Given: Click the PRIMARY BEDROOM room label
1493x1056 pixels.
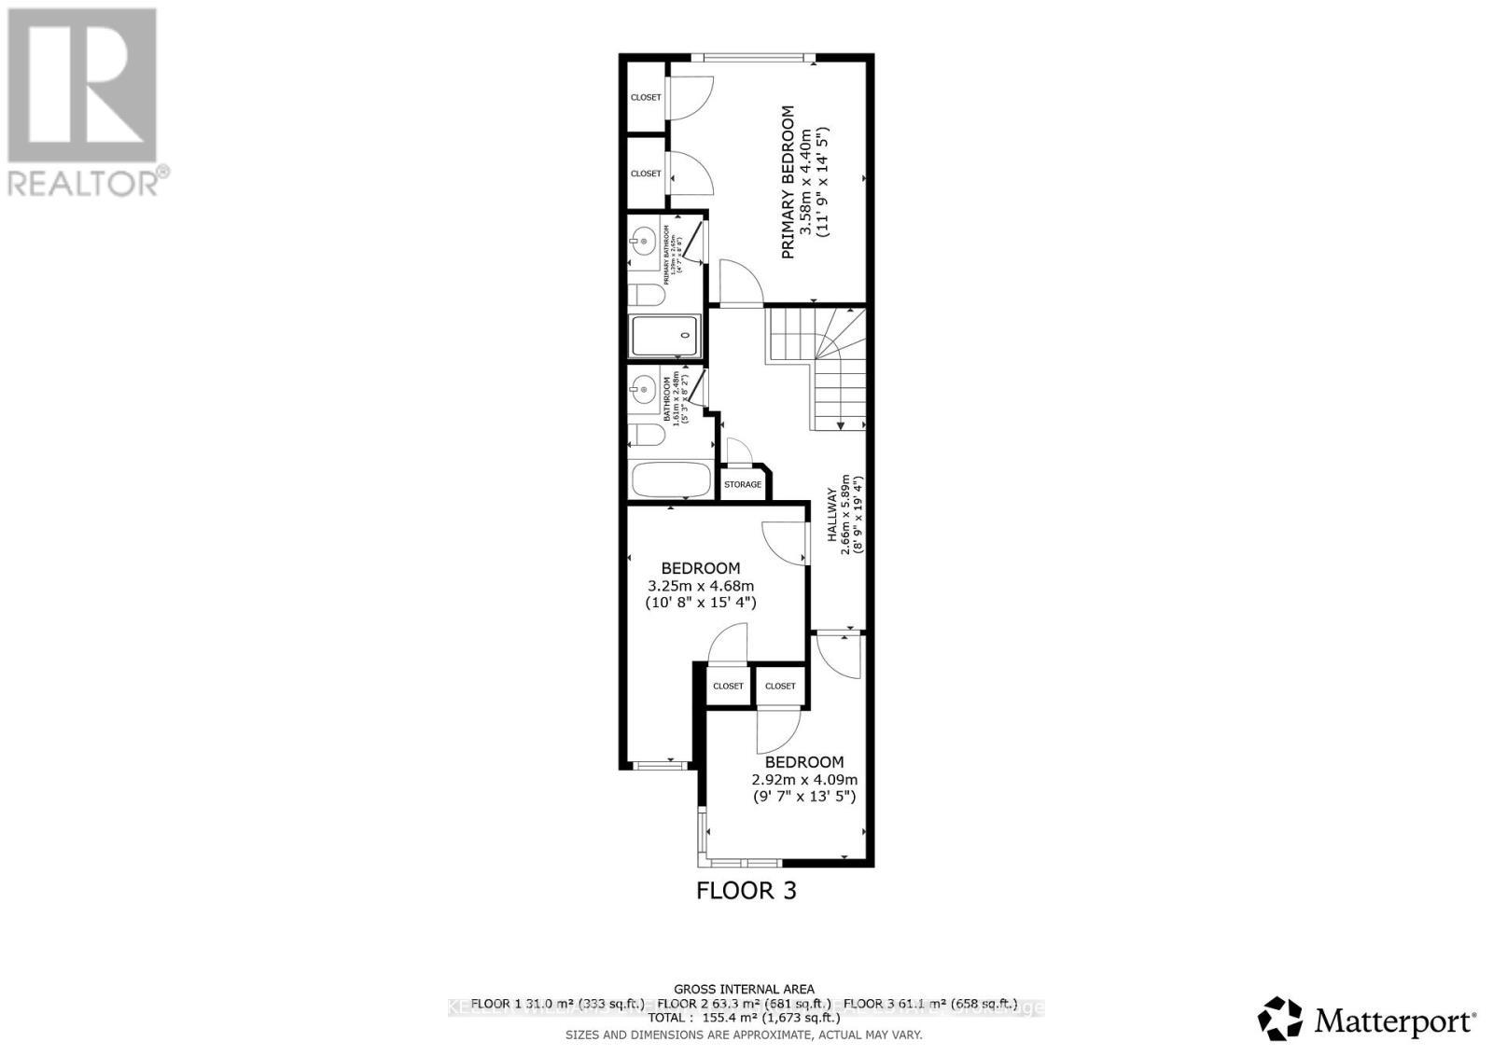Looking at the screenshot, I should pyautogui.click(x=788, y=182).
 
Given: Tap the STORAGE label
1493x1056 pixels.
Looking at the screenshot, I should pyautogui.click(x=743, y=484).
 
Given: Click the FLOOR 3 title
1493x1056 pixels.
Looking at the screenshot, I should pyautogui.click(x=746, y=890).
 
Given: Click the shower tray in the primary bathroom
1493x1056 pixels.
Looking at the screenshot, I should pyautogui.click(x=665, y=336).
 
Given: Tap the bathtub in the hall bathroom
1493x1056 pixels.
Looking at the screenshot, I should pyautogui.click(x=672, y=480).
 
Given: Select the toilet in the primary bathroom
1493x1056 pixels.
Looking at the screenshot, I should pyautogui.click(x=646, y=296).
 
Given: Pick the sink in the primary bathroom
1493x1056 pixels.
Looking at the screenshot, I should pyautogui.click(x=642, y=242).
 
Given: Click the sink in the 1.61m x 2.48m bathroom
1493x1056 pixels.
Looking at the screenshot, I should pyautogui.click(x=642, y=388).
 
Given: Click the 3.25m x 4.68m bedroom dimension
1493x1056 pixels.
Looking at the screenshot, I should pyautogui.click(x=701, y=586).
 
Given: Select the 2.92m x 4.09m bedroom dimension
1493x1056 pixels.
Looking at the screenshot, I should pyautogui.click(x=804, y=780).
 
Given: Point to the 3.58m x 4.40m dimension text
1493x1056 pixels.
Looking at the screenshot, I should pyautogui.click(x=806, y=182).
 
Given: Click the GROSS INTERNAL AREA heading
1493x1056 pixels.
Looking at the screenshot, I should pyautogui.click(x=744, y=989).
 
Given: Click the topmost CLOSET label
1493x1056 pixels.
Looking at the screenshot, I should pyautogui.click(x=646, y=97).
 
